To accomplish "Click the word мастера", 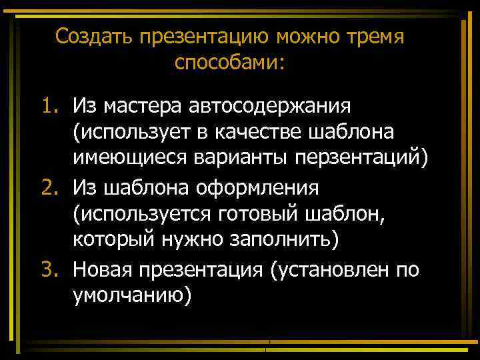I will [142, 105].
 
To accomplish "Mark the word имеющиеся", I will [133, 160].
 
